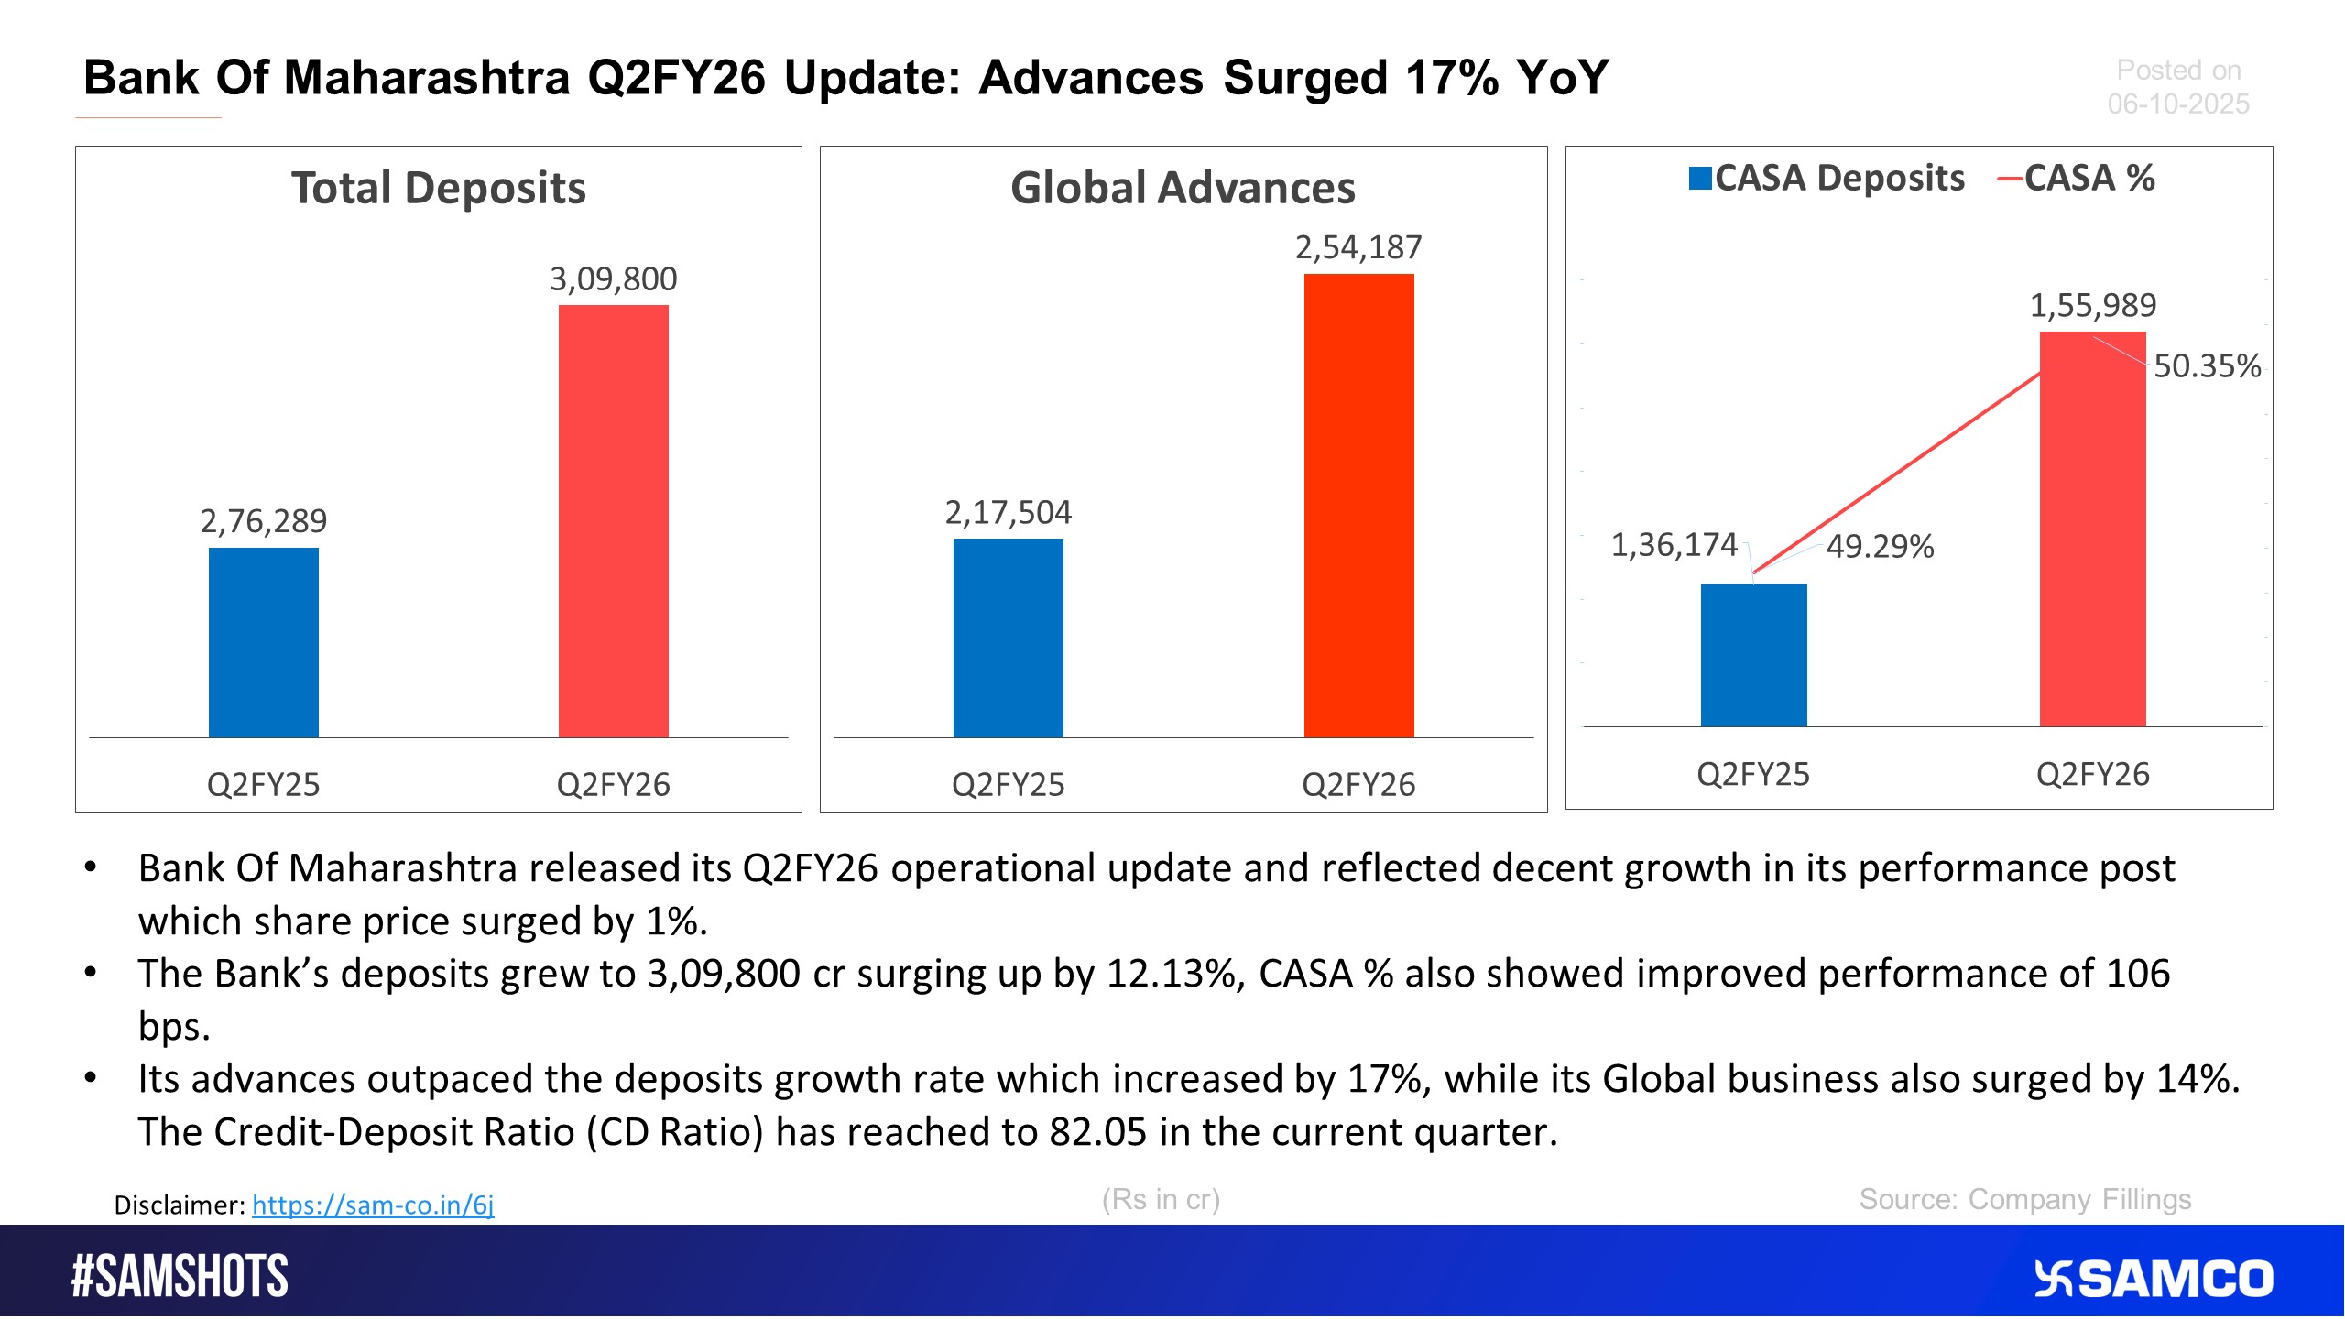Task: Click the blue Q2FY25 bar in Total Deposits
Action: click(264, 642)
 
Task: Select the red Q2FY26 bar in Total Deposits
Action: click(614, 521)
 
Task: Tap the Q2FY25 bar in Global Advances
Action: click(1009, 638)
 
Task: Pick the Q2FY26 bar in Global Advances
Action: click(1358, 506)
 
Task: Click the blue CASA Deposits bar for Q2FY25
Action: click(1753, 656)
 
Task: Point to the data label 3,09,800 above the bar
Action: click(614, 279)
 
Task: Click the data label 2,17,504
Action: click(1009, 513)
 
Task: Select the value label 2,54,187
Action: click(1358, 247)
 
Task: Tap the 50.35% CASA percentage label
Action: click(2207, 366)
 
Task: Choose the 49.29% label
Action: click(1880, 547)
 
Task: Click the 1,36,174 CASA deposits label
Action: click(1674, 545)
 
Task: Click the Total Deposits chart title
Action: click(439, 188)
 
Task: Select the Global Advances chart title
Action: click(1183, 188)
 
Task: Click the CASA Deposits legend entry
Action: click(1827, 178)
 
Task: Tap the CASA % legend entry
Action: click(2078, 178)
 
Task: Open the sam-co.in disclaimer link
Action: click(373, 1205)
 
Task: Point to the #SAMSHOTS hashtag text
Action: click(180, 1277)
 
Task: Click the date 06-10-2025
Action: click(2178, 104)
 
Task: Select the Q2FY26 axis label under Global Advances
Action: click(1358, 785)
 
